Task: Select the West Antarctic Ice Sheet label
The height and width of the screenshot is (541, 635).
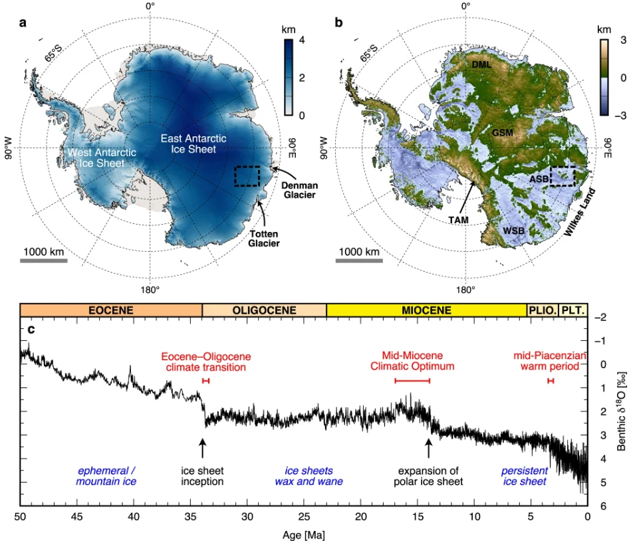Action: coord(102,159)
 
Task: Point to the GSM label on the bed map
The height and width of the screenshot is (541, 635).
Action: coord(503,132)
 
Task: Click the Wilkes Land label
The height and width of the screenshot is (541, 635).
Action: coord(577,212)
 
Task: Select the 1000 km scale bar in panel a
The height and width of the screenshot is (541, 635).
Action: coord(44,261)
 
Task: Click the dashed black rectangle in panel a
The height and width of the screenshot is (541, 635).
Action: coord(247,176)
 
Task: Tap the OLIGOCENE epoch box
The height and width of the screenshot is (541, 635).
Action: coord(264,310)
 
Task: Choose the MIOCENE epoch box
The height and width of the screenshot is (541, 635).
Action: coord(426,310)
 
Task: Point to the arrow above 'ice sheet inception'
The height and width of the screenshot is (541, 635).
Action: coord(203,447)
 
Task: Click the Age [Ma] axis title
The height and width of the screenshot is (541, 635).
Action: coord(303,533)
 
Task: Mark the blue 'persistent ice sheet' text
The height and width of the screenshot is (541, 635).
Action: coord(524,476)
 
